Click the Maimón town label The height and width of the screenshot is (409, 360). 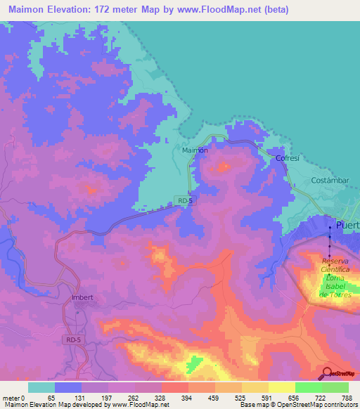tap(194, 150)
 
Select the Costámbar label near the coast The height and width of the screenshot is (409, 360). tap(330, 181)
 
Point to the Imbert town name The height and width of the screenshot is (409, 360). tap(83, 297)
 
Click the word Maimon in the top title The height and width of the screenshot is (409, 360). tap(22, 10)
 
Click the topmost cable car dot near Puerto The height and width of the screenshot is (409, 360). tap(331, 228)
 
